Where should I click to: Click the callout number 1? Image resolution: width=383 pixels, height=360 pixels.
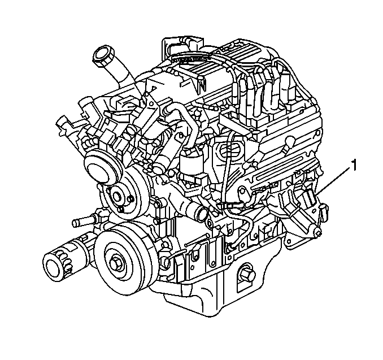(x=354, y=166)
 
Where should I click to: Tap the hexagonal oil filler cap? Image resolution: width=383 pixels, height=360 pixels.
(x=103, y=55)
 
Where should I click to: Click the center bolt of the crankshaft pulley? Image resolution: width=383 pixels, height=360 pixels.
(x=116, y=264)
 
